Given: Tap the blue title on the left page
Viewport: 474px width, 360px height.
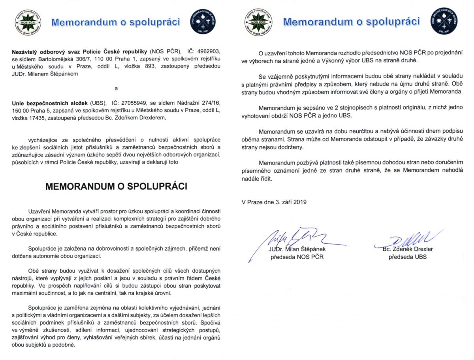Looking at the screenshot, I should coord(116,22).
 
